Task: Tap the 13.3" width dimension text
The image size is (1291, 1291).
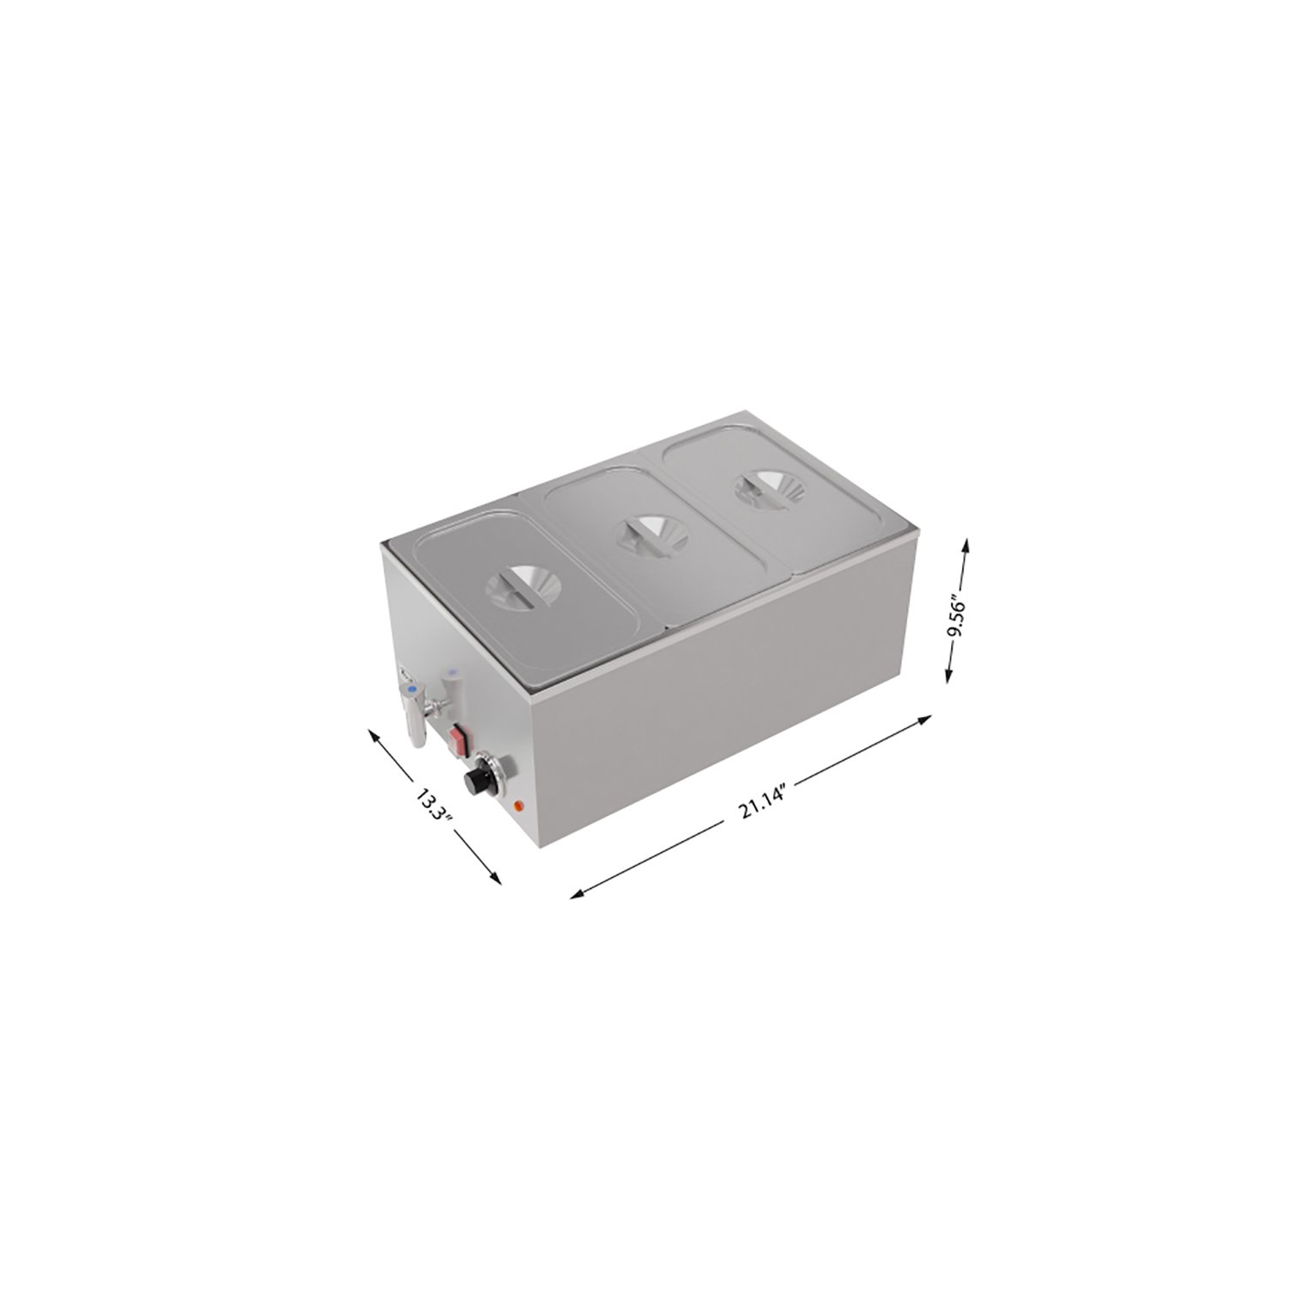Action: tap(432, 802)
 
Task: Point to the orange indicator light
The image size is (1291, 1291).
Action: tap(518, 806)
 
